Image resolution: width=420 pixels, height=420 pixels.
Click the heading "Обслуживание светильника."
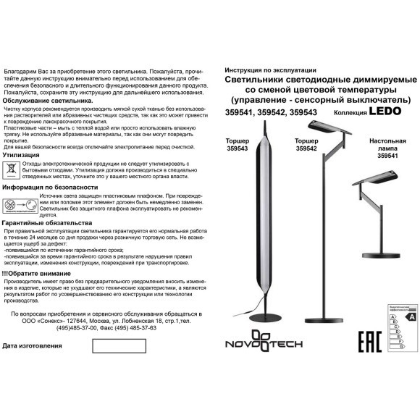[x=48, y=101]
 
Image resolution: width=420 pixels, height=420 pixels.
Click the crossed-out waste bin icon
[x=12, y=169]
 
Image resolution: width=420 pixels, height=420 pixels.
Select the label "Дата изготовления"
[x=33, y=346]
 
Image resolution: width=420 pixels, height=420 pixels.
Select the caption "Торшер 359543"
[x=238, y=144]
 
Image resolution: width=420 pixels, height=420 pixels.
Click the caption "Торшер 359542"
[x=307, y=144]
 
